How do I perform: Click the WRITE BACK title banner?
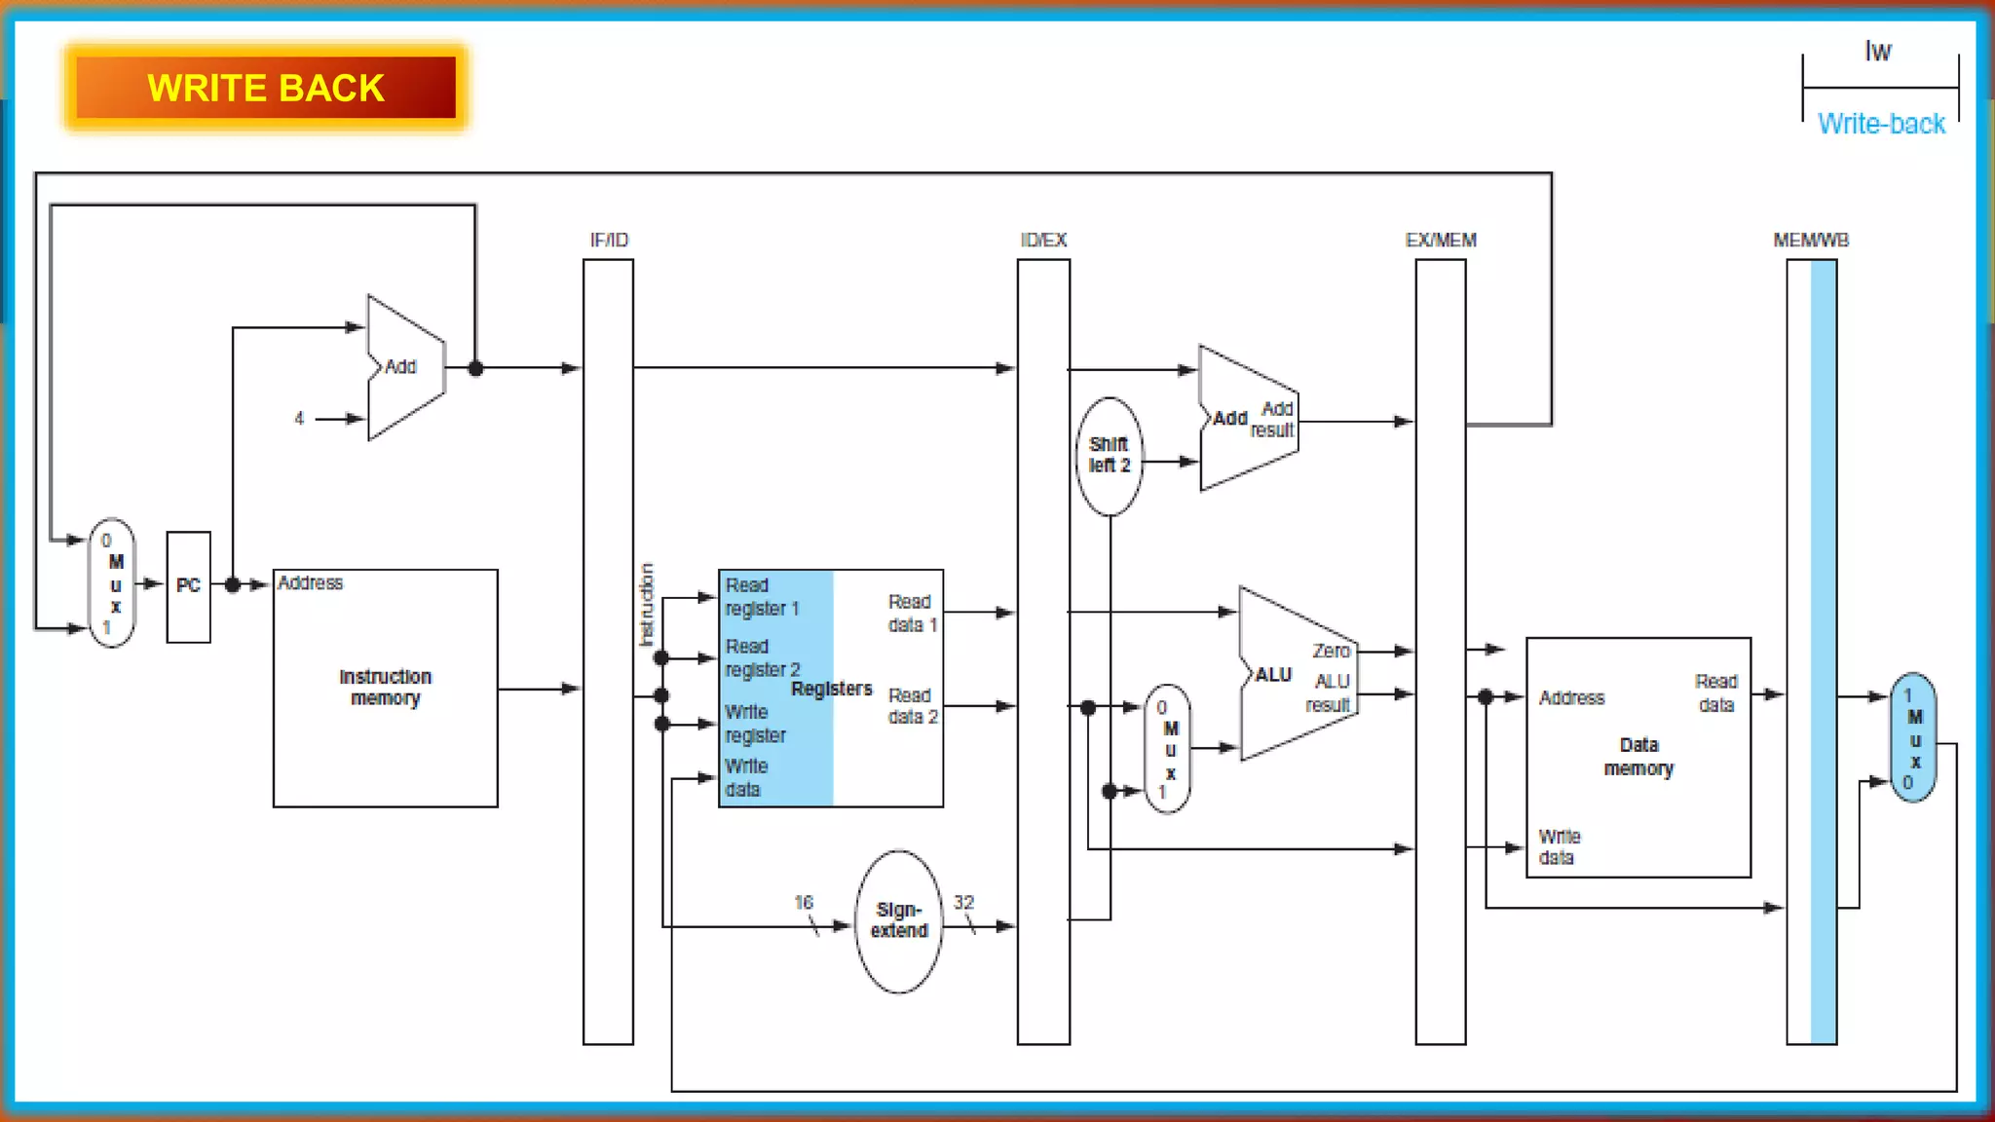[266, 88]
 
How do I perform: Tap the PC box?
[188, 585]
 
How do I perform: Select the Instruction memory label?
[385, 687]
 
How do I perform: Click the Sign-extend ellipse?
[898, 920]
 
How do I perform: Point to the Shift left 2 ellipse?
[1109, 455]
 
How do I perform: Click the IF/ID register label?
[609, 240]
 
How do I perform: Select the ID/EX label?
[1042, 240]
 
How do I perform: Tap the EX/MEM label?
[1440, 240]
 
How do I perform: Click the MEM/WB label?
[1810, 240]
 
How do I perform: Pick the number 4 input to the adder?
[299, 418]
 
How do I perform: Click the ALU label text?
[1272, 674]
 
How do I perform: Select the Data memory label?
[1638, 756]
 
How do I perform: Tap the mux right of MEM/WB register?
[1913, 737]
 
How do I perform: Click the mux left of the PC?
[113, 583]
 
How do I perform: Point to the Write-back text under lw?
[1880, 124]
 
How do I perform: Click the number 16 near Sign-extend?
[803, 902]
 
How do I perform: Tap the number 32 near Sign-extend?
[962, 902]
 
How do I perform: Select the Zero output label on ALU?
[1330, 651]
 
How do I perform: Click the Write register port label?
[754, 724]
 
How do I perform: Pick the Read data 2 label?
[912, 705]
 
